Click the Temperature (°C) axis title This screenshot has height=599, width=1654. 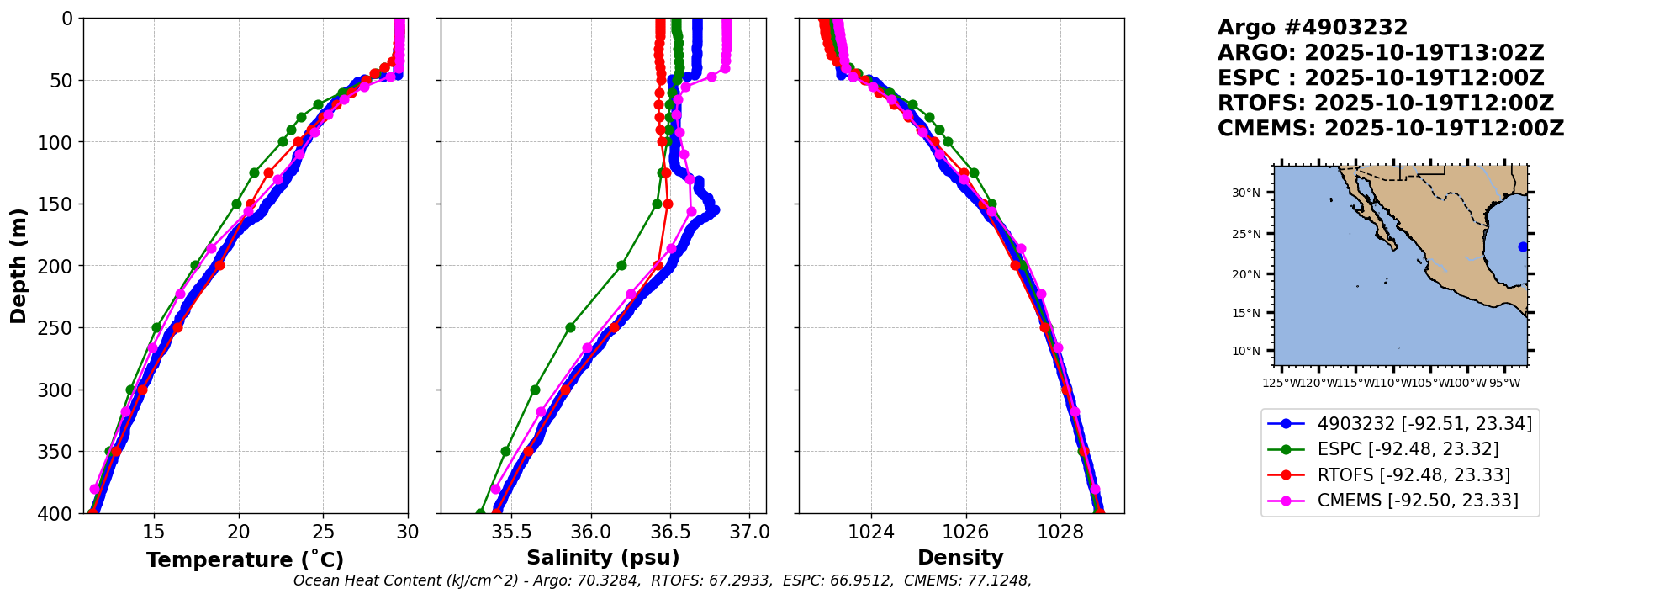(245, 559)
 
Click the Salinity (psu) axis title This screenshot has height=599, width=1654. (603, 558)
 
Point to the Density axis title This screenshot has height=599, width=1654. (960, 558)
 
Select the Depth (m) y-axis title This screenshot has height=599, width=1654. (18, 265)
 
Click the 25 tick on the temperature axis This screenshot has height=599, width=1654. (324, 532)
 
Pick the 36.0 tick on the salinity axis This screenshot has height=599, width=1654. (590, 532)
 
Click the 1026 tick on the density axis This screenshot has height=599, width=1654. (965, 532)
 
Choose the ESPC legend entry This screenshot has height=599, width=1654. (1408, 449)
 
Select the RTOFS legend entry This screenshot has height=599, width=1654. (1414, 475)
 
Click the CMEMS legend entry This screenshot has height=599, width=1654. (1418, 501)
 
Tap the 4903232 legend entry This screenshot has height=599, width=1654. (1424, 423)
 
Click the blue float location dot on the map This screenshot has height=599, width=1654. (1523, 246)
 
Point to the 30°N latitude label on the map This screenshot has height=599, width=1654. (1246, 193)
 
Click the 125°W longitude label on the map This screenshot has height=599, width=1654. (1281, 384)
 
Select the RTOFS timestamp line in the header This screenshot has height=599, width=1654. (1386, 103)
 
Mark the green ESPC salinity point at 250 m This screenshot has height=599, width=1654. (570, 327)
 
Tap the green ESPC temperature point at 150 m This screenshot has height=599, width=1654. (236, 204)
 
